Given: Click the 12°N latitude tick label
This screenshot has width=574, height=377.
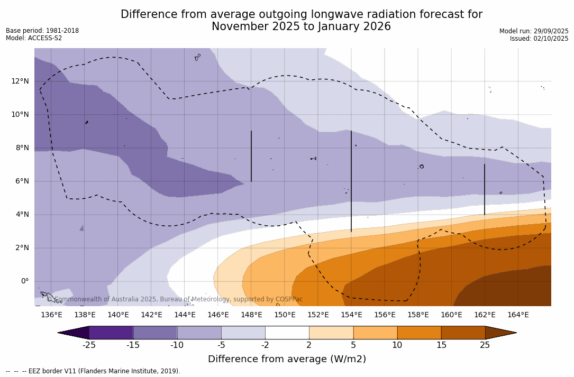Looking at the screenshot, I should coord(20,81).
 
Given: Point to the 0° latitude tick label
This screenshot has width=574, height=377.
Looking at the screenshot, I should coord(24,281).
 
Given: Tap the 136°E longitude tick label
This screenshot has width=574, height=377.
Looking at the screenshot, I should coord(51,315).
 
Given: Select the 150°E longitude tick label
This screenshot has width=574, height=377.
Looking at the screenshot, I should coord(285,315).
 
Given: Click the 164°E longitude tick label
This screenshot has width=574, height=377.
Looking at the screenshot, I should coord(518,315).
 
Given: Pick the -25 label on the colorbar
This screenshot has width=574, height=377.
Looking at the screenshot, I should coord(89,345).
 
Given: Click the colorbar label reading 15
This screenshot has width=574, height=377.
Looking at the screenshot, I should coord(441,345).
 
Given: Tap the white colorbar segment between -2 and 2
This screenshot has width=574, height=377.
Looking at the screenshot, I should coord(287,333).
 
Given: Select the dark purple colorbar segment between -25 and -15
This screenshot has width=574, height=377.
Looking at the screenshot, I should coord(111,333).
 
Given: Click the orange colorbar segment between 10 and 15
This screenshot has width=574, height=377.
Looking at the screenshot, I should coord(419,333).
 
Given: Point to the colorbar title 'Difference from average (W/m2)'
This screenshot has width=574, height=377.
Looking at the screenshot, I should coord(287,359).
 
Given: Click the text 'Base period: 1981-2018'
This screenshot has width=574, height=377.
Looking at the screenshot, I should coord(42,31).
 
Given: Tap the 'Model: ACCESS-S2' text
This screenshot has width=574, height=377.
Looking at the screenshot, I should coord(34,38).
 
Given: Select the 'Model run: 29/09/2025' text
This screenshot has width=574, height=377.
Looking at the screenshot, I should coord(534,31).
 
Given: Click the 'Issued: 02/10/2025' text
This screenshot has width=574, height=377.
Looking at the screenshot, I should coord(539,39).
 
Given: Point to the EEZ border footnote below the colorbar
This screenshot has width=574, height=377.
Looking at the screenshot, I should coord(93,371).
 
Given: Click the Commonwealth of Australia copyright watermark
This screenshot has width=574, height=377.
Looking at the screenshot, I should coord(175,299).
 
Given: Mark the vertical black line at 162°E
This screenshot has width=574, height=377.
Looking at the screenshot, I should coord(485,189).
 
